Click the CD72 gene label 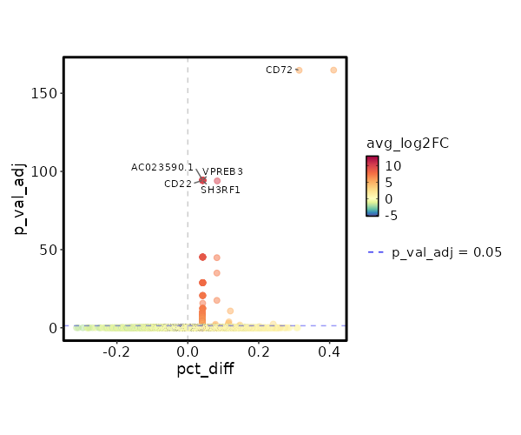[279, 70]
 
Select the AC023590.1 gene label [162, 167]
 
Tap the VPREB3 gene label [223, 171]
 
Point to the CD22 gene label [178, 184]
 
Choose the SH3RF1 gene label [221, 190]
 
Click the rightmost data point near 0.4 [333, 70]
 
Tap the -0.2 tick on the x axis [116, 351]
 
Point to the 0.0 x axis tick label [188, 351]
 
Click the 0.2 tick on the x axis [259, 351]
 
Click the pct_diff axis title [205, 369]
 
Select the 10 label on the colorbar [393, 165]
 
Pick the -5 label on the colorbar [393, 215]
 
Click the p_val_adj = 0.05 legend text [447, 252]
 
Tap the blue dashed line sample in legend [375, 252]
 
